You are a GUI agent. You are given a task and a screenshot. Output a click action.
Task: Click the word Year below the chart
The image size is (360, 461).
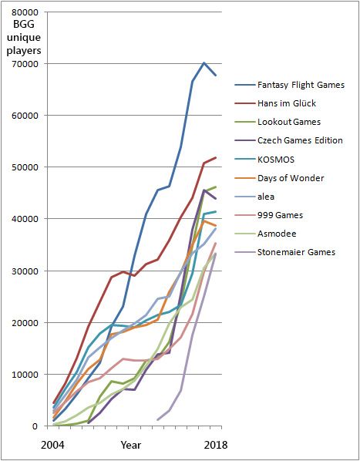click(x=130, y=445)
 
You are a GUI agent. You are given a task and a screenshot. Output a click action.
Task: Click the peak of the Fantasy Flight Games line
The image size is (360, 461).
click(x=204, y=62)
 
